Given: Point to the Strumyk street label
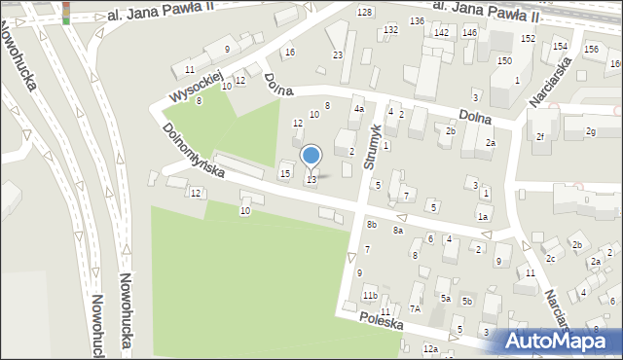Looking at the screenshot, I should click(371, 146).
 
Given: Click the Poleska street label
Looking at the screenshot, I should click(381, 321).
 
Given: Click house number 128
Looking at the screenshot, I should click(364, 12).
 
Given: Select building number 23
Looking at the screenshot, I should click(337, 55).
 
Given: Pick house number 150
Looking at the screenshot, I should click(504, 60).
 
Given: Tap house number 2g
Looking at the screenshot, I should click(590, 131).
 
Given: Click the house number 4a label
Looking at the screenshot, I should click(358, 109).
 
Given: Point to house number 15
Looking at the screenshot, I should click(284, 173).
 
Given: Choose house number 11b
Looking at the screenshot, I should click(370, 296).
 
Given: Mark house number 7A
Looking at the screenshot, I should click(414, 308).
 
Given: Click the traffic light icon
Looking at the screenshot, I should click(66, 12).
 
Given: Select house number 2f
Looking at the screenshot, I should click(539, 136).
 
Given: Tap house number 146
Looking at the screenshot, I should click(470, 33).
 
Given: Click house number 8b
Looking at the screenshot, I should click(372, 225).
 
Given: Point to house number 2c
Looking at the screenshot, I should click(550, 258).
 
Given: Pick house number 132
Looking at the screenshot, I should click(390, 30).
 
